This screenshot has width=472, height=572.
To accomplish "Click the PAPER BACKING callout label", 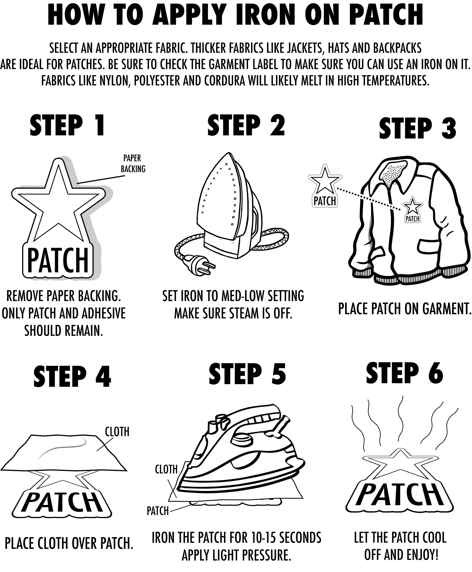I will tap(133, 164).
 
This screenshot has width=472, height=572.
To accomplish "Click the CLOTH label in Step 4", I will tap(117, 432).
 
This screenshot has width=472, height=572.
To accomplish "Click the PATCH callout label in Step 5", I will tap(158, 511).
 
